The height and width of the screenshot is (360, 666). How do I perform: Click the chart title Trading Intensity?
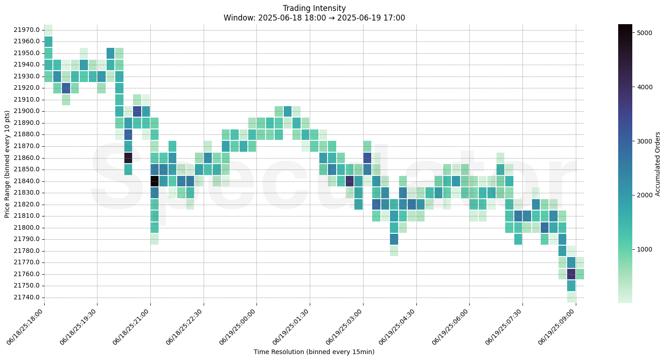pos(314,8)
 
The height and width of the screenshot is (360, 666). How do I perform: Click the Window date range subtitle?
pos(314,18)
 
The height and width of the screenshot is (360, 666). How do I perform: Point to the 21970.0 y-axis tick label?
pos(27,30)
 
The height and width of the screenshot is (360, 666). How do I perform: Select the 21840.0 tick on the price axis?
pos(27,181)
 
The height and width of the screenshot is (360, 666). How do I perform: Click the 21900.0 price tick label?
pos(27,111)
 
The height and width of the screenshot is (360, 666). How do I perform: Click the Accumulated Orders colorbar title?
pos(657,164)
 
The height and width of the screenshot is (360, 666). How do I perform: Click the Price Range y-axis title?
pos(7,164)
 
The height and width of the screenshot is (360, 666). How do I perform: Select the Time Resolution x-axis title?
pos(314,352)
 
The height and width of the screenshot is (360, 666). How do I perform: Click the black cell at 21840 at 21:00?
pos(154,181)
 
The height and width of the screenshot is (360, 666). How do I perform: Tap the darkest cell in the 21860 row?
pos(128,158)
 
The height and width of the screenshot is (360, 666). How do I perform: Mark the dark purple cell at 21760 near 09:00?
pos(571,274)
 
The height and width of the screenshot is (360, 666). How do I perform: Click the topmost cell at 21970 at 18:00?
pos(48,30)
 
